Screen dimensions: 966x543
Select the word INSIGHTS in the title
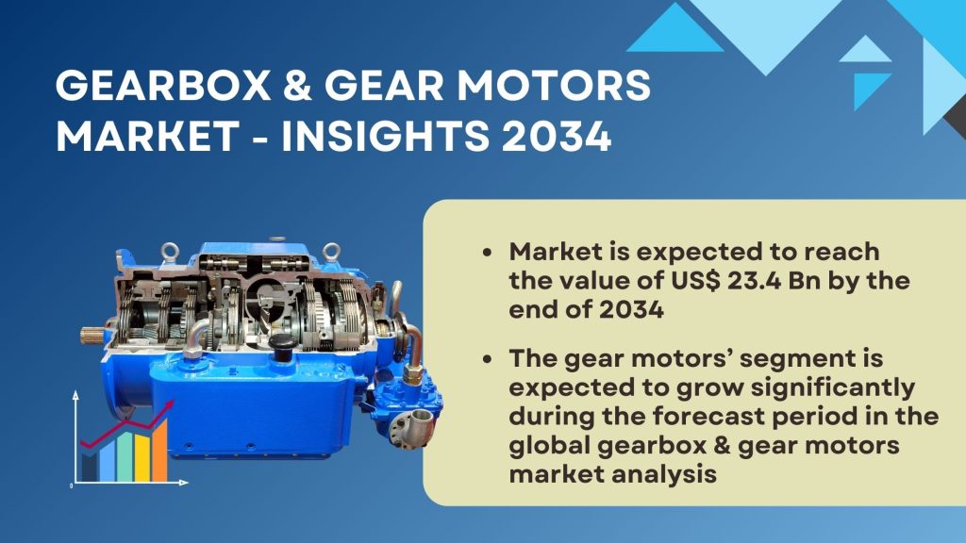tap(386, 136)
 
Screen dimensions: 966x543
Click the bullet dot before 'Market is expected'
tap(488, 253)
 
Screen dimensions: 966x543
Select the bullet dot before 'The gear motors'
tap(488, 359)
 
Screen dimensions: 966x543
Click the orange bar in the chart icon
tap(159, 451)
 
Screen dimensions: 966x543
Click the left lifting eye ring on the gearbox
tap(170, 251)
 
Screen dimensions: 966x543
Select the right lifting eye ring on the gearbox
tap(331, 251)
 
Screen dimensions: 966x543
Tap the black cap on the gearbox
tap(281, 347)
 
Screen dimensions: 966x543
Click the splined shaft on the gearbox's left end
tap(92, 337)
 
